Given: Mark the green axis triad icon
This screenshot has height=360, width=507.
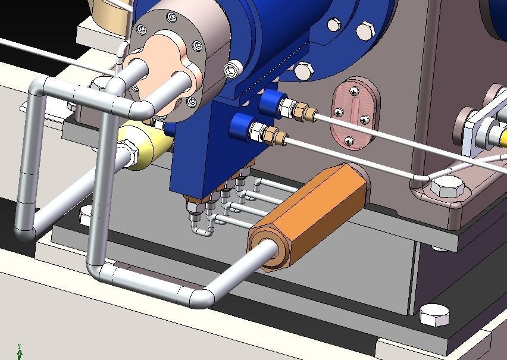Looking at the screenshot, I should tap(20, 352).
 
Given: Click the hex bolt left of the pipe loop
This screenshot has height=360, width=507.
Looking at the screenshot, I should tap(86, 216).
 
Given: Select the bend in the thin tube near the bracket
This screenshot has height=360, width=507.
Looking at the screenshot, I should tap(417, 177).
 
